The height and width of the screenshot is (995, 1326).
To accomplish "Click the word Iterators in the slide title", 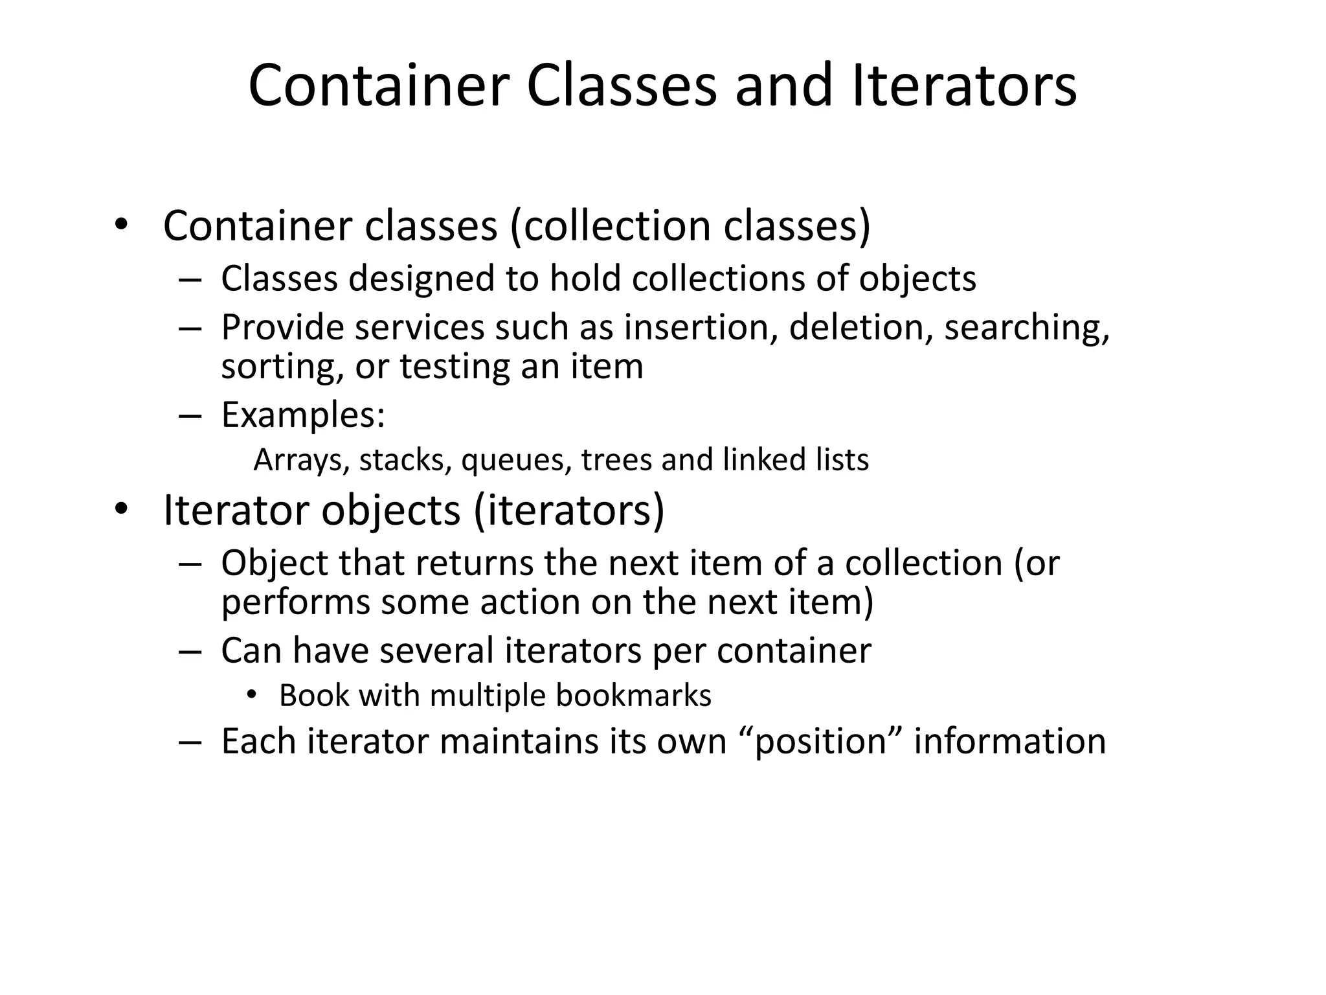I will coord(964,86).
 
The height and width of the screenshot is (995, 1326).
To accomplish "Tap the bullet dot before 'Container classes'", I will coord(120,225).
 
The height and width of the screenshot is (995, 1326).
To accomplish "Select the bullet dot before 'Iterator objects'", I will coord(120,509).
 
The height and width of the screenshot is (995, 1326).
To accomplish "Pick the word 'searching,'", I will coord(1027,328).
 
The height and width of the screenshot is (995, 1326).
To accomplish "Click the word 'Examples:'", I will coord(303,415).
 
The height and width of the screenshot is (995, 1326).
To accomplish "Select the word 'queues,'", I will coord(516,461).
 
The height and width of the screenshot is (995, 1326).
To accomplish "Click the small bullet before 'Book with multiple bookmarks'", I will coord(252,696).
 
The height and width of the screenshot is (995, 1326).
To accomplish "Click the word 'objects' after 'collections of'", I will coord(917,279).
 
